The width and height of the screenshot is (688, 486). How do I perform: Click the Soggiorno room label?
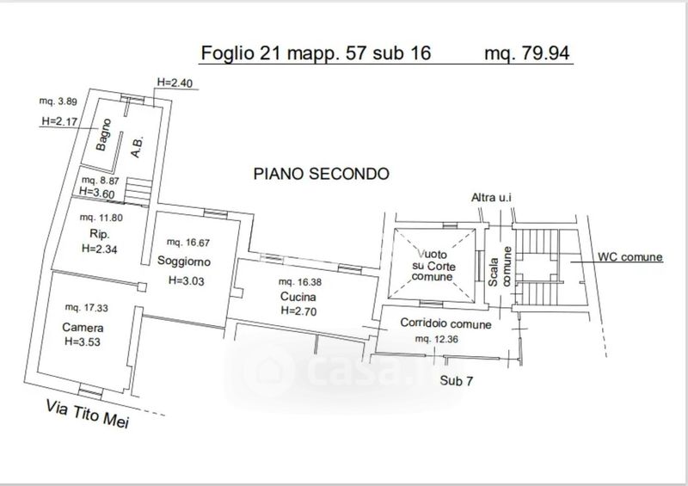pyautogui.click(x=184, y=261)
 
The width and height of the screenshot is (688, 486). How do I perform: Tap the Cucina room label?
pyautogui.click(x=298, y=297)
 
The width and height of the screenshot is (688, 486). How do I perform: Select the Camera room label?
pyautogui.click(x=83, y=328)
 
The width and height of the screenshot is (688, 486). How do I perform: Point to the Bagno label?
pyautogui.click(x=103, y=134)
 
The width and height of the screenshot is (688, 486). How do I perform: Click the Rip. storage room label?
pyautogui.click(x=99, y=234)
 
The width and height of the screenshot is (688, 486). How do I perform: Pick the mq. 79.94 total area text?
pyautogui.click(x=527, y=53)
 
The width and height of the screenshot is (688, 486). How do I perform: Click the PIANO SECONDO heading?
pyautogui.click(x=321, y=174)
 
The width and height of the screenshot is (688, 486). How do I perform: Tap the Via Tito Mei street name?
pyautogui.click(x=88, y=414)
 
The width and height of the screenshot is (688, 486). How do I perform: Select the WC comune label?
pyautogui.click(x=630, y=257)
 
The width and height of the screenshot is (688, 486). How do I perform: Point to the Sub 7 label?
pyautogui.click(x=457, y=381)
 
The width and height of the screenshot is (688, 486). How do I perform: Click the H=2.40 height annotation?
pyautogui.click(x=175, y=83)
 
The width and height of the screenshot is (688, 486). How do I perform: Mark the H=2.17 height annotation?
pyautogui.click(x=59, y=121)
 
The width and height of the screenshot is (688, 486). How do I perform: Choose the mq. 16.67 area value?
pyautogui.click(x=188, y=242)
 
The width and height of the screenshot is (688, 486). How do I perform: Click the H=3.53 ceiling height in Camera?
pyautogui.click(x=83, y=341)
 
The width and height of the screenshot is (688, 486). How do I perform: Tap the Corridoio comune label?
pyautogui.click(x=445, y=323)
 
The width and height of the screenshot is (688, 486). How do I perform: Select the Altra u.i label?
pyautogui.click(x=491, y=198)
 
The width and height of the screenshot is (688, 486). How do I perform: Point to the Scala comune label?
pyautogui.click(x=501, y=267)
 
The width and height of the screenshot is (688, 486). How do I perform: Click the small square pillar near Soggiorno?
pyautogui.click(x=142, y=287)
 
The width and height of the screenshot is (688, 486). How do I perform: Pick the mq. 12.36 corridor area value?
pyautogui.click(x=437, y=339)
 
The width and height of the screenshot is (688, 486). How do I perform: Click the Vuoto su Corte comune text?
pyautogui.click(x=433, y=266)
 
